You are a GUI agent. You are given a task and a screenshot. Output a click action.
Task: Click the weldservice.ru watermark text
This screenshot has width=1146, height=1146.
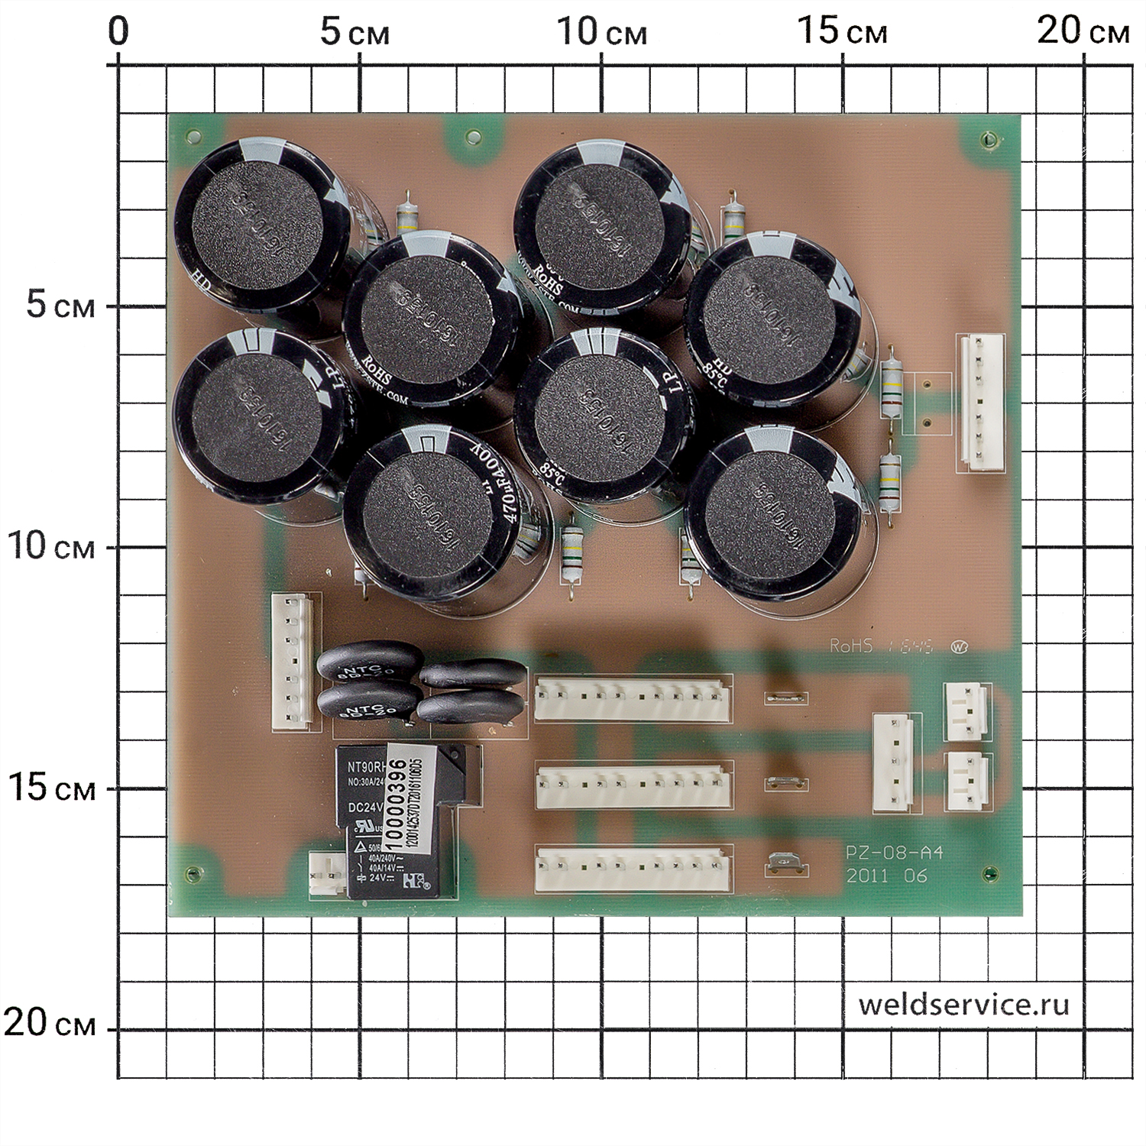[x=963, y=1004]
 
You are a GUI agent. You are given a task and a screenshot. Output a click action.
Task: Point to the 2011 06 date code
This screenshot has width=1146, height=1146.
[x=886, y=876]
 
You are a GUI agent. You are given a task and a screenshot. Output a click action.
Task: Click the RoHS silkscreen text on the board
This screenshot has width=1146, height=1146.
[x=851, y=646]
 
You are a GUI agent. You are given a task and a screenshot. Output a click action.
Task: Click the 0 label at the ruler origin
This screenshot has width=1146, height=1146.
[x=118, y=32]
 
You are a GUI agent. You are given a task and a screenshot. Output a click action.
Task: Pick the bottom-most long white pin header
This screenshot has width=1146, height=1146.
[x=633, y=869]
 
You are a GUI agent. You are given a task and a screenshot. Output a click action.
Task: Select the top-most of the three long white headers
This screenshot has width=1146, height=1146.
[x=633, y=698]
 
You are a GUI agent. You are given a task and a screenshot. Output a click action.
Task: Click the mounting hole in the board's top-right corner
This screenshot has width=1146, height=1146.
[x=989, y=140]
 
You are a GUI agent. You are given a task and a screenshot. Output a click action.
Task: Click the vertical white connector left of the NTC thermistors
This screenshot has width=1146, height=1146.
[x=291, y=662]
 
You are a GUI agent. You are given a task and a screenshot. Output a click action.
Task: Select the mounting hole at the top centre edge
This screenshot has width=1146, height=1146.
[x=474, y=138]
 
